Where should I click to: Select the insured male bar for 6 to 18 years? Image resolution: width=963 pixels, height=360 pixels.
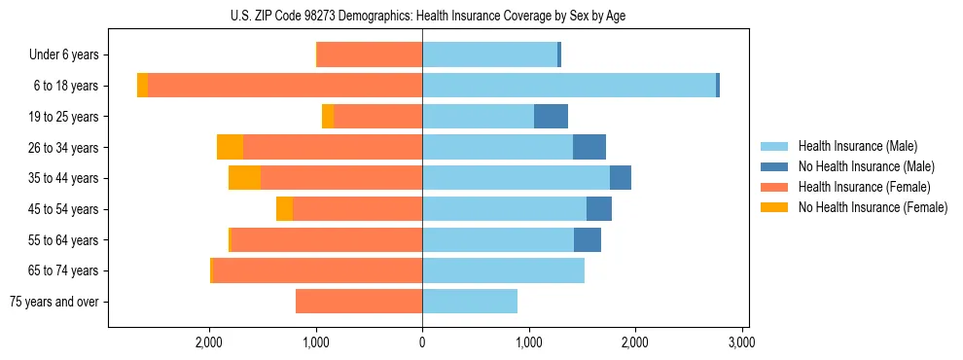point(569,86)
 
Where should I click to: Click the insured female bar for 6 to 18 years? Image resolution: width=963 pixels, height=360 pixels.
point(285,86)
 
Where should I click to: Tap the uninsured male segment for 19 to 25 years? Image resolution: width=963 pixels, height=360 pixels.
point(551,117)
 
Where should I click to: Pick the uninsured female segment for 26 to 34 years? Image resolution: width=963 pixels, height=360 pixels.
point(230,147)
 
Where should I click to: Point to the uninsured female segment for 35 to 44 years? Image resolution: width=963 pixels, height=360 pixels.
point(244,178)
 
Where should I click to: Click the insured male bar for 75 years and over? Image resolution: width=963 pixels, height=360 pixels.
point(470,302)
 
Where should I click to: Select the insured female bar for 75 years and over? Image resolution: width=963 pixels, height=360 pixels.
point(359,302)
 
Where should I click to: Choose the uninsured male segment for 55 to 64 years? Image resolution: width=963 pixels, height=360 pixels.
point(588,239)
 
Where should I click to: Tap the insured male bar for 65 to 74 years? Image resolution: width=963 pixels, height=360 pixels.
point(503,270)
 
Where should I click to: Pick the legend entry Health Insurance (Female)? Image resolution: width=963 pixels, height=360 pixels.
point(864,187)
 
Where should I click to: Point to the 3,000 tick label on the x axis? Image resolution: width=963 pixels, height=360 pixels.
point(741,342)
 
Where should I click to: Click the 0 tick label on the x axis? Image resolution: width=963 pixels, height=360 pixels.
point(422,342)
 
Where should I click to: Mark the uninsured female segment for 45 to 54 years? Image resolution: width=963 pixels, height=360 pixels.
point(284,209)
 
